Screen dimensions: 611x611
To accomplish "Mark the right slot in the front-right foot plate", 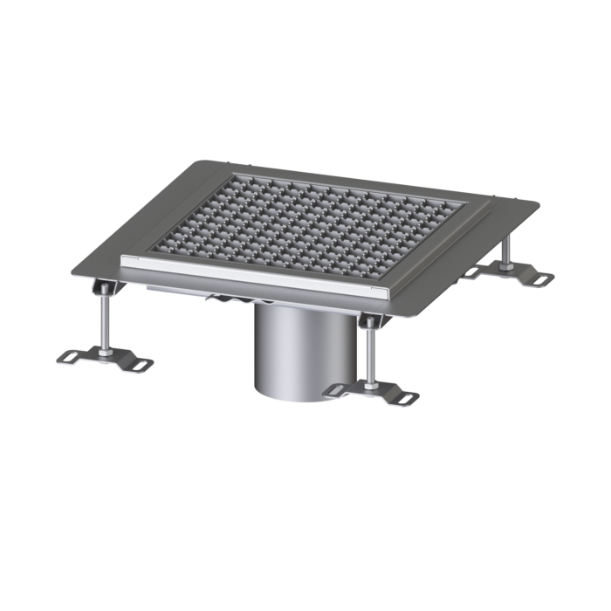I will (x=407, y=399).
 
